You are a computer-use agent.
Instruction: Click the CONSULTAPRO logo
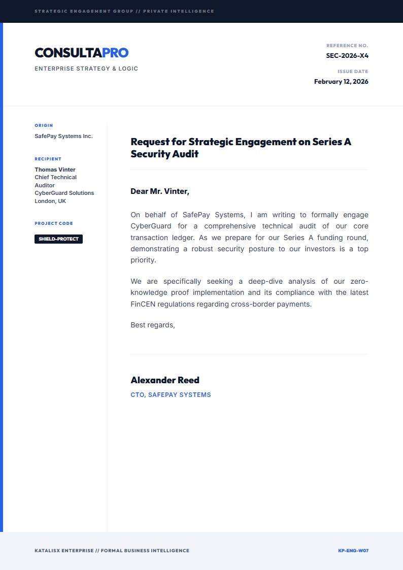pos(81,53)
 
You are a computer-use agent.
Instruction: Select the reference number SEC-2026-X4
pos(347,56)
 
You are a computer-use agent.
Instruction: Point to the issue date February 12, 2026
pos(341,81)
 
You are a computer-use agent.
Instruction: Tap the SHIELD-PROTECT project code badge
pos(58,239)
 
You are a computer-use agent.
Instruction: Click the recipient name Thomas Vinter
pos(55,170)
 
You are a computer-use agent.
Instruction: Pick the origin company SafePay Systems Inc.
pos(63,136)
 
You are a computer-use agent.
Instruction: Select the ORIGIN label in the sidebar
pos(44,125)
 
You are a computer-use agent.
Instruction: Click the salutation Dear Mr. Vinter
pos(160,191)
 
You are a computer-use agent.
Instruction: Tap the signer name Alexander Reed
pos(165,380)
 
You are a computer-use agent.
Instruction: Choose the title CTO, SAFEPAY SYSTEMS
pos(171,395)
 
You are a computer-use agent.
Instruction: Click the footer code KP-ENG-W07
pos(353,551)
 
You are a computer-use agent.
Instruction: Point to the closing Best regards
pos(153,325)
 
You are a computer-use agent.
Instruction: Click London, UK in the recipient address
pos(50,201)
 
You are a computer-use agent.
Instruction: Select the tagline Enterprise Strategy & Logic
pos(86,69)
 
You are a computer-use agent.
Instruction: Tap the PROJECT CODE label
pos(54,223)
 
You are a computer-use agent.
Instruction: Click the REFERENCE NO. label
pos(347,46)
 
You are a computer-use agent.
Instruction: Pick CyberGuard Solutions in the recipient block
pos(64,193)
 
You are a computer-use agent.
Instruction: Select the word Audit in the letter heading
pos(185,154)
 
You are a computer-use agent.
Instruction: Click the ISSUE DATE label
pos(353,72)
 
